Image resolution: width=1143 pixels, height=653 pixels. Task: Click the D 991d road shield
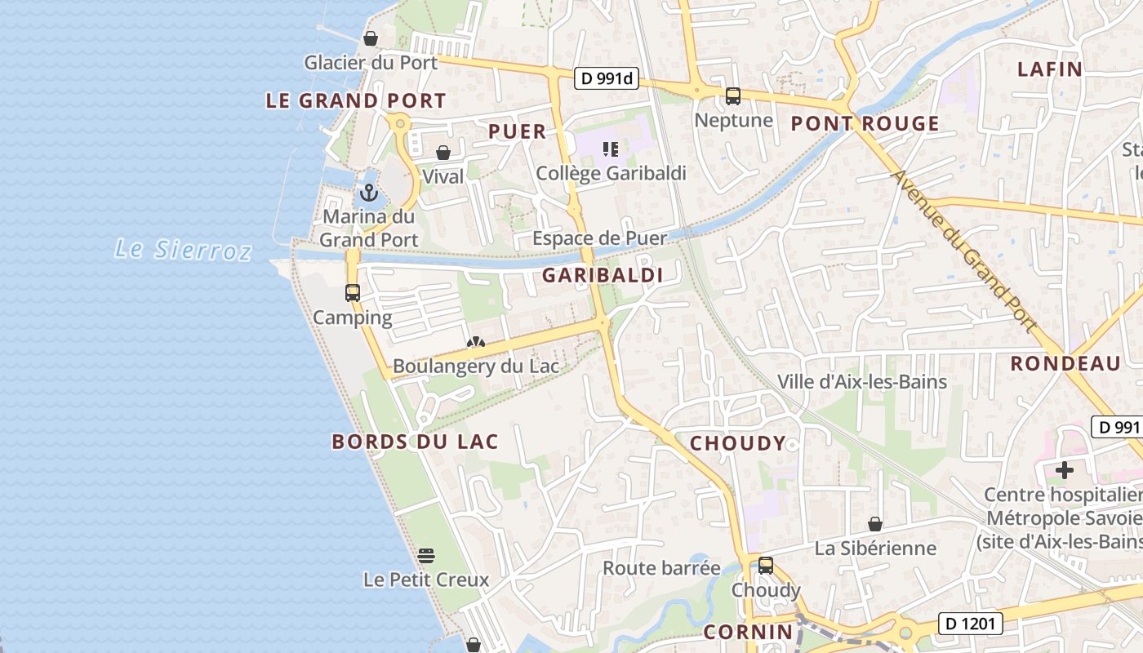[607, 79]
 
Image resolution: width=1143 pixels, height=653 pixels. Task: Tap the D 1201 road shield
[970, 624]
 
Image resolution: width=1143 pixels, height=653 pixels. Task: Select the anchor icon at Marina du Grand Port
[369, 193]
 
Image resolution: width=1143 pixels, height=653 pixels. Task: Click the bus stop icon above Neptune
[733, 96]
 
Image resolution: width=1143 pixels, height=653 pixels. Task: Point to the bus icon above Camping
[353, 293]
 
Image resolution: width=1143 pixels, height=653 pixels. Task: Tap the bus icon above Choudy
[766, 565]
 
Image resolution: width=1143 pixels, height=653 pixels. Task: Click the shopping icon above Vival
[443, 153]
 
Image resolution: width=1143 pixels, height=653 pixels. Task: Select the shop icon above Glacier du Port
[371, 38]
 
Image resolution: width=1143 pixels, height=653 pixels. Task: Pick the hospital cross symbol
[1065, 470]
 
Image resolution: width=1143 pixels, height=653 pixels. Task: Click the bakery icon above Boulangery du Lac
[476, 343]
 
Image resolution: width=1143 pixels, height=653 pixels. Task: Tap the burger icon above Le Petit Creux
[426, 556]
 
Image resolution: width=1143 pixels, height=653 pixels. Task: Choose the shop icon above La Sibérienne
[875, 524]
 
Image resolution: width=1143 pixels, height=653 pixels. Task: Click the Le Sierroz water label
[183, 250]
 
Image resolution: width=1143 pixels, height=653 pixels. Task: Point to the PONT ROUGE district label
[865, 124]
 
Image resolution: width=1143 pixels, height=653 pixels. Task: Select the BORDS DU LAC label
[415, 442]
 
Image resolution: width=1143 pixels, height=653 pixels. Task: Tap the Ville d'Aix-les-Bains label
[862, 382]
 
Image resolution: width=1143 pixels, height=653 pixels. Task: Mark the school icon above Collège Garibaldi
[610, 149]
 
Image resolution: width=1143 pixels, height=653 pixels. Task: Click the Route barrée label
[662, 568]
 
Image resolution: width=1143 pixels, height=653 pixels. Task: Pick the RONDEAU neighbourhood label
[1065, 364]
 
